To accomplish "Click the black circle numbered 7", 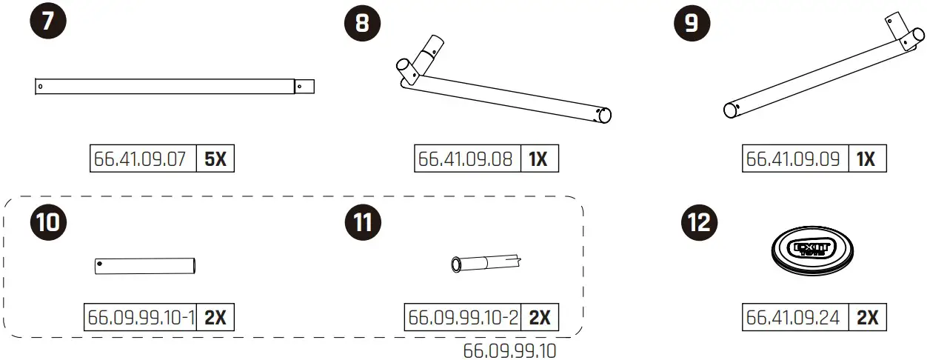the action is pyautogui.click(x=48, y=20).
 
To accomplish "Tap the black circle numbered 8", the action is pyautogui.click(x=363, y=23).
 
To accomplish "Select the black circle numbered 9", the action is pyautogui.click(x=692, y=23).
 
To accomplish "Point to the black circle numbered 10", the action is pyautogui.click(x=48, y=222).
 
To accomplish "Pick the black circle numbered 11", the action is pyautogui.click(x=363, y=222).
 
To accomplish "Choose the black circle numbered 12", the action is pyautogui.click(x=700, y=222).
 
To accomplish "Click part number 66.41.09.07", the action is pyautogui.click(x=140, y=159).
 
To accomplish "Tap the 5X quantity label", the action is pyautogui.click(x=215, y=159).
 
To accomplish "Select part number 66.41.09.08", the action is pyautogui.click(x=465, y=159).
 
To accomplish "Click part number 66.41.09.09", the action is pyautogui.click(x=793, y=159).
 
